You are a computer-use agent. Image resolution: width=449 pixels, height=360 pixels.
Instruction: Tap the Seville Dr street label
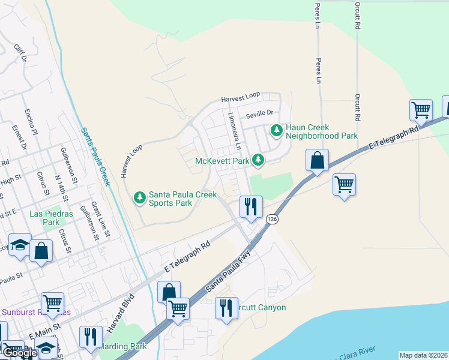(x=259, y=112)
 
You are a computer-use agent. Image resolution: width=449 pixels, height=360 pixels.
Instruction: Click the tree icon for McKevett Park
(x=258, y=160)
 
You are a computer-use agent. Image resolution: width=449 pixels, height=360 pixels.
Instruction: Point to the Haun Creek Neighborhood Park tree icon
(x=276, y=130)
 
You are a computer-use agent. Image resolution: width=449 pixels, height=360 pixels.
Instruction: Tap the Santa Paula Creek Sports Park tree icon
(x=139, y=197)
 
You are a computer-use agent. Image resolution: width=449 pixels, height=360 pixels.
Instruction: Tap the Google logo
(x=20, y=353)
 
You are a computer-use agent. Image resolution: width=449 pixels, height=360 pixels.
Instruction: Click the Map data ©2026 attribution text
(x=423, y=355)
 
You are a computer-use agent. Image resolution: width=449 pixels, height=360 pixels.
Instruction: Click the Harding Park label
(x=123, y=347)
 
